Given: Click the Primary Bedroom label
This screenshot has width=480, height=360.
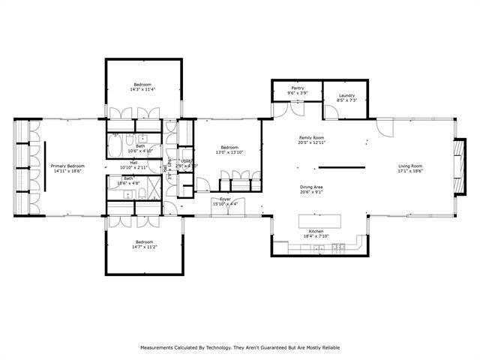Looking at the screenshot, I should [67, 166].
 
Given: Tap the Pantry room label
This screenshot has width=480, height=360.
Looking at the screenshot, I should [298, 88].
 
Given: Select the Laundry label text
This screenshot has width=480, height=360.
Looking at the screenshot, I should [346, 95].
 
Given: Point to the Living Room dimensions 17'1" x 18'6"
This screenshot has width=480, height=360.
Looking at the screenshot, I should [410, 171].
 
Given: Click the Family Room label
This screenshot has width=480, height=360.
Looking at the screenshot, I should [311, 138].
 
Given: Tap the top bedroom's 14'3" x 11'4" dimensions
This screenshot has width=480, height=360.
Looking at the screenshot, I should [142, 89].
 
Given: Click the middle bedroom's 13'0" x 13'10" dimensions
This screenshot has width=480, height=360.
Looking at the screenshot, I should [229, 152].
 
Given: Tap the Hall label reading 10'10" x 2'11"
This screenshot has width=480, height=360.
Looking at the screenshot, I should [133, 166].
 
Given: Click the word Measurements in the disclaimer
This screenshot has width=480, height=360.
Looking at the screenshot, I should [160, 347].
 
